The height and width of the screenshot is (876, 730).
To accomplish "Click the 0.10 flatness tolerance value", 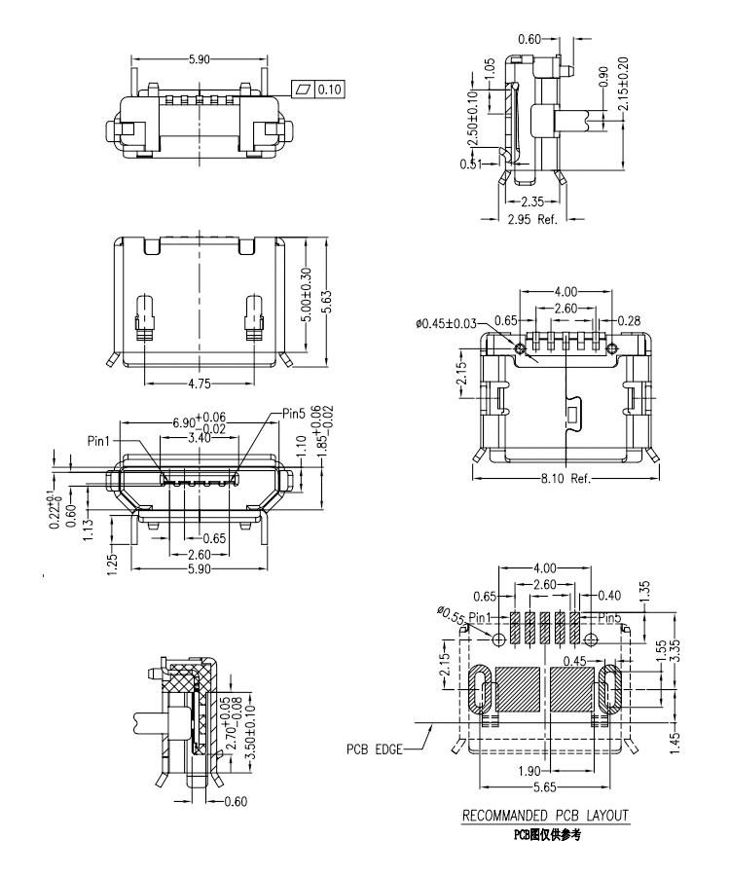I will tap(331, 91).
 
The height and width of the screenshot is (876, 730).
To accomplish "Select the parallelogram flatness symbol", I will tap(306, 91).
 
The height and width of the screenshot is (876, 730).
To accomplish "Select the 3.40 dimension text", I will tap(199, 438).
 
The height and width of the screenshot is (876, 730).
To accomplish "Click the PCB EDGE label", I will tap(374, 750).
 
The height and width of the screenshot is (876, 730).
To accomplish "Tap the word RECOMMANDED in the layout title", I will tap(508, 815).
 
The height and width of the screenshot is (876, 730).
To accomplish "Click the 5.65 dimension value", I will tap(546, 786).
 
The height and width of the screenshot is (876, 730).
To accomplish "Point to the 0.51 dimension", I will tap(471, 164).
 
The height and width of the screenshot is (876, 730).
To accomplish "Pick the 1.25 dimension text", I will tap(111, 562).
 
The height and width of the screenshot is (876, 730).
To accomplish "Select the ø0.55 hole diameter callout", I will tap(452, 615).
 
